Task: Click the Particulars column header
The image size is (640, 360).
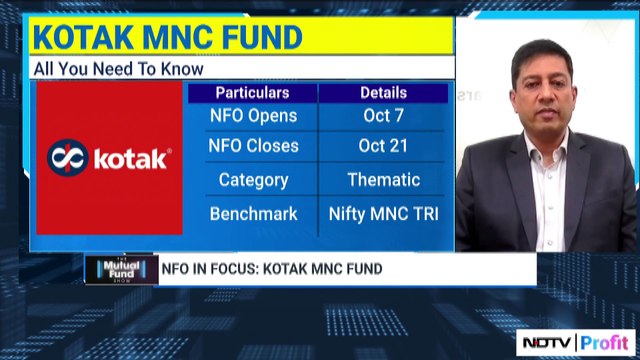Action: pos(252,93)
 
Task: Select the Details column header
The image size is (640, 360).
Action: pos(383,93)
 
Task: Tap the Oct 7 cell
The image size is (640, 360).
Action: pos(383,116)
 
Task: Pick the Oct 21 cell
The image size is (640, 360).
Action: pos(383,146)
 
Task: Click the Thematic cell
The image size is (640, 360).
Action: pos(383,181)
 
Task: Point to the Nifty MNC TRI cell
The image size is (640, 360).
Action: pos(383,214)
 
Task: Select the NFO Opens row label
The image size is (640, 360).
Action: pos(253,116)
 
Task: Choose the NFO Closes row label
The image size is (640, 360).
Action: pos(253,146)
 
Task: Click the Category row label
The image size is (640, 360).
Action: pos(253,181)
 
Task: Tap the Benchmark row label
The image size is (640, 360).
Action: pos(253,214)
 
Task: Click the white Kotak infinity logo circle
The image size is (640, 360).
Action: pos(67,158)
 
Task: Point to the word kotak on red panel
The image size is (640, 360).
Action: pos(131,159)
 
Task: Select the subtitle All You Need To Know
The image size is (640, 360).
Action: pos(118,69)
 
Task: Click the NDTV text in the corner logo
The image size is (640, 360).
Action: pos(548,342)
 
